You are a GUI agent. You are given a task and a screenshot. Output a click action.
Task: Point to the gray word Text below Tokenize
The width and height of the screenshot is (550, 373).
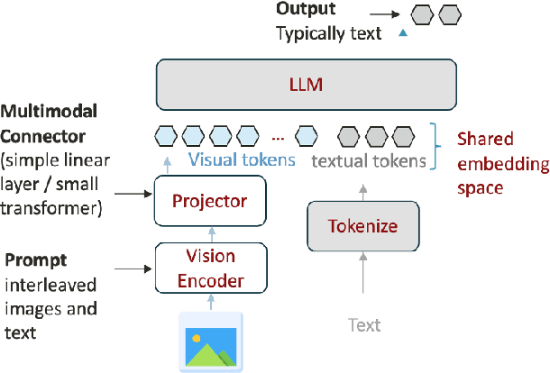(x=365, y=324)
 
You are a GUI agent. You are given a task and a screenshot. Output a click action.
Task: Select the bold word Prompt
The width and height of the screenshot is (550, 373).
(x=36, y=260)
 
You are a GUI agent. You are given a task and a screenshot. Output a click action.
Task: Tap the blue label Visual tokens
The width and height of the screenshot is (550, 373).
(x=242, y=161)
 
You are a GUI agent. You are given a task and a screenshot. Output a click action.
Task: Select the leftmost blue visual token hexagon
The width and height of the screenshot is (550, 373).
(x=165, y=137)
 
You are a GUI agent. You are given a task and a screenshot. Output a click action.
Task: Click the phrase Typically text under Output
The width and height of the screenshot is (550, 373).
(x=327, y=33)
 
